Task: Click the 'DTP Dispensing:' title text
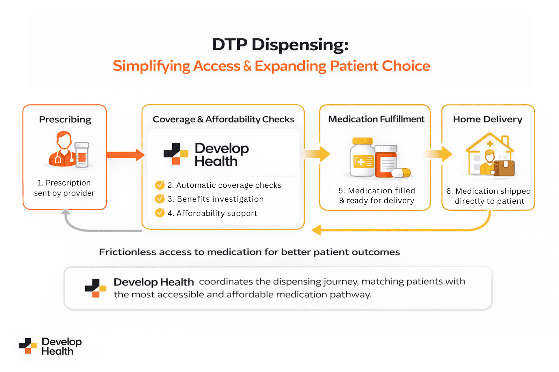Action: click(280, 45)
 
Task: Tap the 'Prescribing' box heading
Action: click(65, 119)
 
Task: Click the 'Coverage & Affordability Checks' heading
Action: click(223, 119)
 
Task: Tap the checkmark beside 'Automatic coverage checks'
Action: click(160, 185)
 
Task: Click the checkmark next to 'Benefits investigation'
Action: click(160, 199)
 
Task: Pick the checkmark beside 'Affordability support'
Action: click(160, 213)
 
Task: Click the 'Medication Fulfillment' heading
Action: click(376, 119)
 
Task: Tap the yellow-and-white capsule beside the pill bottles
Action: click(401, 172)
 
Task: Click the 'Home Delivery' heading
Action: click(488, 119)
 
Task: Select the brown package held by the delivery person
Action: click(504, 168)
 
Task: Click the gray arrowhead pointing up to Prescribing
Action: click(65, 212)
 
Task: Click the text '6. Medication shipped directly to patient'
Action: click(488, 196)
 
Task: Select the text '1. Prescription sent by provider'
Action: click(64, 188)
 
